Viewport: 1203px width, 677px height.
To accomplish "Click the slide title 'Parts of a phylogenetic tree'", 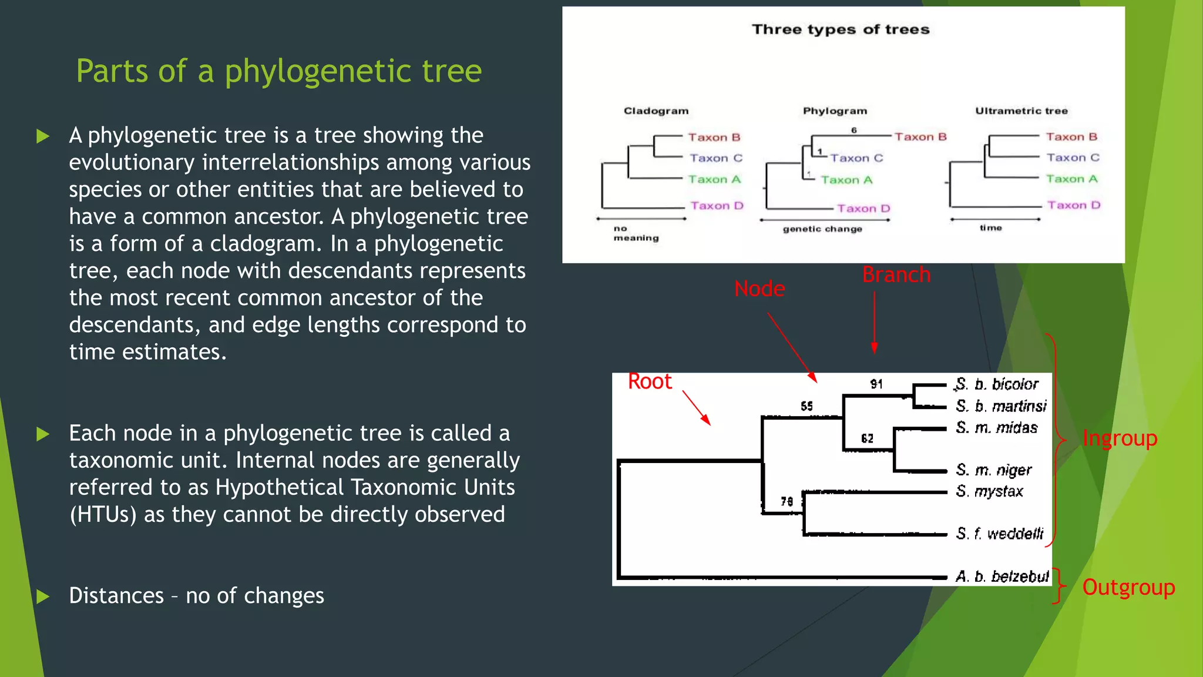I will tap(278, 71).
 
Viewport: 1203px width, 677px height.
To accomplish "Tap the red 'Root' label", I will tap(650, 382).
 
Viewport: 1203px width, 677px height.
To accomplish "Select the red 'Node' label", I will tap(759, 289).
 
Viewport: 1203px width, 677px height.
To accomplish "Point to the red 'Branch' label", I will tap(896, 275).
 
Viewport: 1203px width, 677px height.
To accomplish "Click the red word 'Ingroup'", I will tap(1120, 438).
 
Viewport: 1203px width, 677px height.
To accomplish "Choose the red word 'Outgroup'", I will tap(1128, 588).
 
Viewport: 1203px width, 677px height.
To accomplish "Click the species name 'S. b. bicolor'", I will tap(997, 384).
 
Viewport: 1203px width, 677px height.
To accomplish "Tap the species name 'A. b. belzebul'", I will tap(1002, 577).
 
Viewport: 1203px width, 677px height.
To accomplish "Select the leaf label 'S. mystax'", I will tap(990, 491).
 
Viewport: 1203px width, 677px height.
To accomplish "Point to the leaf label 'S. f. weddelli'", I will tap(1000, 534).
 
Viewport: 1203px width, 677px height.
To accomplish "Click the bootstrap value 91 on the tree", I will tap(876, 384).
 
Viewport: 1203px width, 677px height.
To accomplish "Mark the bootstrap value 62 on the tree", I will tap(867, 438).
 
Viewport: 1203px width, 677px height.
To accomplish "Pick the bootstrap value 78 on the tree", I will tap(787, 501).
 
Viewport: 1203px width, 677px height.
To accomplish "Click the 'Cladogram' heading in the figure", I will tap(656, 111).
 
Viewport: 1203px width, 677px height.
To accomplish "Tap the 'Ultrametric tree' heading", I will tap(1021, 111).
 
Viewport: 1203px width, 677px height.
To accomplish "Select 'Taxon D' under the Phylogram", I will tap(863, 209).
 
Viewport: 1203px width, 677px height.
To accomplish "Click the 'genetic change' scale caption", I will tap(822, 229).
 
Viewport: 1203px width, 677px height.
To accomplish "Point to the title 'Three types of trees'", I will tap(841, 29).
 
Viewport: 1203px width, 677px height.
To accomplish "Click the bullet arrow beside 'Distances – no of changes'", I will tap(43, 596).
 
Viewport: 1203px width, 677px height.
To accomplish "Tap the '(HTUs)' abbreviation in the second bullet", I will tap(103, 515).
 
